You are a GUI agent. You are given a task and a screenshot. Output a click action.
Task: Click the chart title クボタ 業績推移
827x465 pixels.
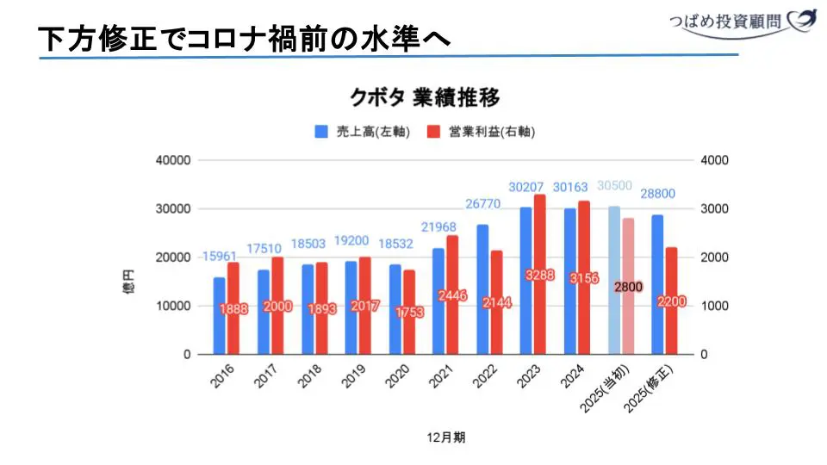click(x=424, y=96)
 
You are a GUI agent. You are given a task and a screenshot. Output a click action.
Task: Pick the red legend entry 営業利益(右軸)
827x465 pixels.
click(x=488, y=132)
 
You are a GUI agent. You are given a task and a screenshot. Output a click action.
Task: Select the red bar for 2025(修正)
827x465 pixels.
click(x=671, y=301)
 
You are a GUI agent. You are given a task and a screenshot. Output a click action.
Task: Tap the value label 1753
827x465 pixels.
click(x=409, y=313)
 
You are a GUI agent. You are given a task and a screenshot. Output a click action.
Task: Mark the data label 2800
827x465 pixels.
click(x=628, y=287)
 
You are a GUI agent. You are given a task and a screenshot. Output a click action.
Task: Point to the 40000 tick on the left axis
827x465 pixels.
click(x=172, y=160)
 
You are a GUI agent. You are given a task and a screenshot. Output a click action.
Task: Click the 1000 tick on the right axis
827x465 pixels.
click(x=717, y=306)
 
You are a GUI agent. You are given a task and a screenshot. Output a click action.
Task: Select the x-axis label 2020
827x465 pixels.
click(x=399, y=379)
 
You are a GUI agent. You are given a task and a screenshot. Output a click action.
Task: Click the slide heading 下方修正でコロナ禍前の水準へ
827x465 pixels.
click(x=246, y=39)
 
